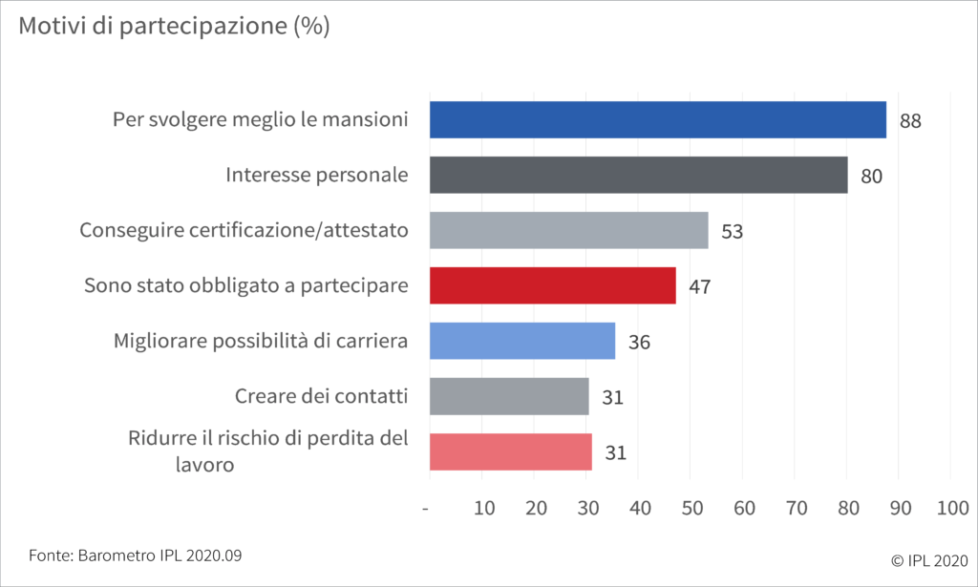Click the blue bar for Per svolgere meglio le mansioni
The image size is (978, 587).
tap(657, 120)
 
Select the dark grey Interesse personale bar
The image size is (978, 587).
tap(638, 176)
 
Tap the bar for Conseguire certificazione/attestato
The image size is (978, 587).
tap(568, 231)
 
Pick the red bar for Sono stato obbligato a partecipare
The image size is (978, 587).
tap(552, 285)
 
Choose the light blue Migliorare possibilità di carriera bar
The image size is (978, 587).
tap(521, 341)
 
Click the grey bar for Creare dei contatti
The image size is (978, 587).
tap(509, 396)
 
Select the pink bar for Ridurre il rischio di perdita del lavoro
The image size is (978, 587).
tap(510, 451)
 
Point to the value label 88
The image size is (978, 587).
tap(909, 121)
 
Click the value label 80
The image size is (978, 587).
tap(871, 177)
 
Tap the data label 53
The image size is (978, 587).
tap(732, 232)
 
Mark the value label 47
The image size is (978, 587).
tap(699, 286)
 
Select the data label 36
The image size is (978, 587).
tap(639, 342)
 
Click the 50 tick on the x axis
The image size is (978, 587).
tap(691, 509)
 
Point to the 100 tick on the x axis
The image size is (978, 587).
tap(952, 509)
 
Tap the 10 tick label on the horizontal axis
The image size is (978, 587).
tap(484, 509)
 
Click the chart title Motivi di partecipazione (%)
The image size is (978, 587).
tap(174, 26)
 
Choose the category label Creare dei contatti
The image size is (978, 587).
tap(321, 396)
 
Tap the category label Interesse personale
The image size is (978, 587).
tap(317, 176)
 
